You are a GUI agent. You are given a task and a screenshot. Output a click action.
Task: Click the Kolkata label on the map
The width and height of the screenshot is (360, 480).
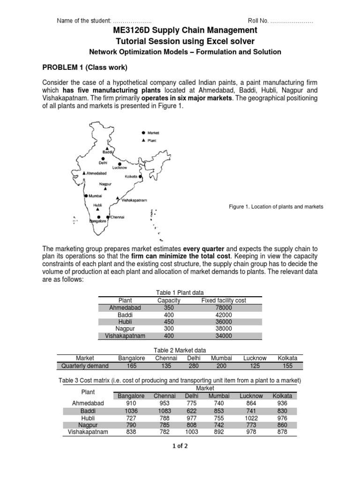[131, 176]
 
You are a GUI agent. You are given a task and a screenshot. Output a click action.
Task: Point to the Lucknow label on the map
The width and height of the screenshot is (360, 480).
[120, 167]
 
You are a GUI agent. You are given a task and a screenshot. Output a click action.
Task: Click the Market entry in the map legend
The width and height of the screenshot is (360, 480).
[153, 133]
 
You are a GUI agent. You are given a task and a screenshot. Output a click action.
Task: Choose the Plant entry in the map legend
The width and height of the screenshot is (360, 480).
[152, 141]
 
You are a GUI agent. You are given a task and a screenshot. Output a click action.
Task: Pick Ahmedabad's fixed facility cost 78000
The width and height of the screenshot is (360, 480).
[223, 307]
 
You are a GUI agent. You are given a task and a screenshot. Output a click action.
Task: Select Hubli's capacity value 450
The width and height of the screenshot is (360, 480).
[169, 322]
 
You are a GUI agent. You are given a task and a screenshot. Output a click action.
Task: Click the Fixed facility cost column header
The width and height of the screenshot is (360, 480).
[224, 300]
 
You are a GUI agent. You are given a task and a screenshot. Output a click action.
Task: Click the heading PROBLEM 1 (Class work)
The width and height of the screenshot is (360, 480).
[85, 67]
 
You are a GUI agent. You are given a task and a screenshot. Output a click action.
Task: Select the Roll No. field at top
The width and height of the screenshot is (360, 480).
[280, 21]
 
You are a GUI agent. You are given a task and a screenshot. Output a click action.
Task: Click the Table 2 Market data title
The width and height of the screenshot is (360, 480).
[180, 350]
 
